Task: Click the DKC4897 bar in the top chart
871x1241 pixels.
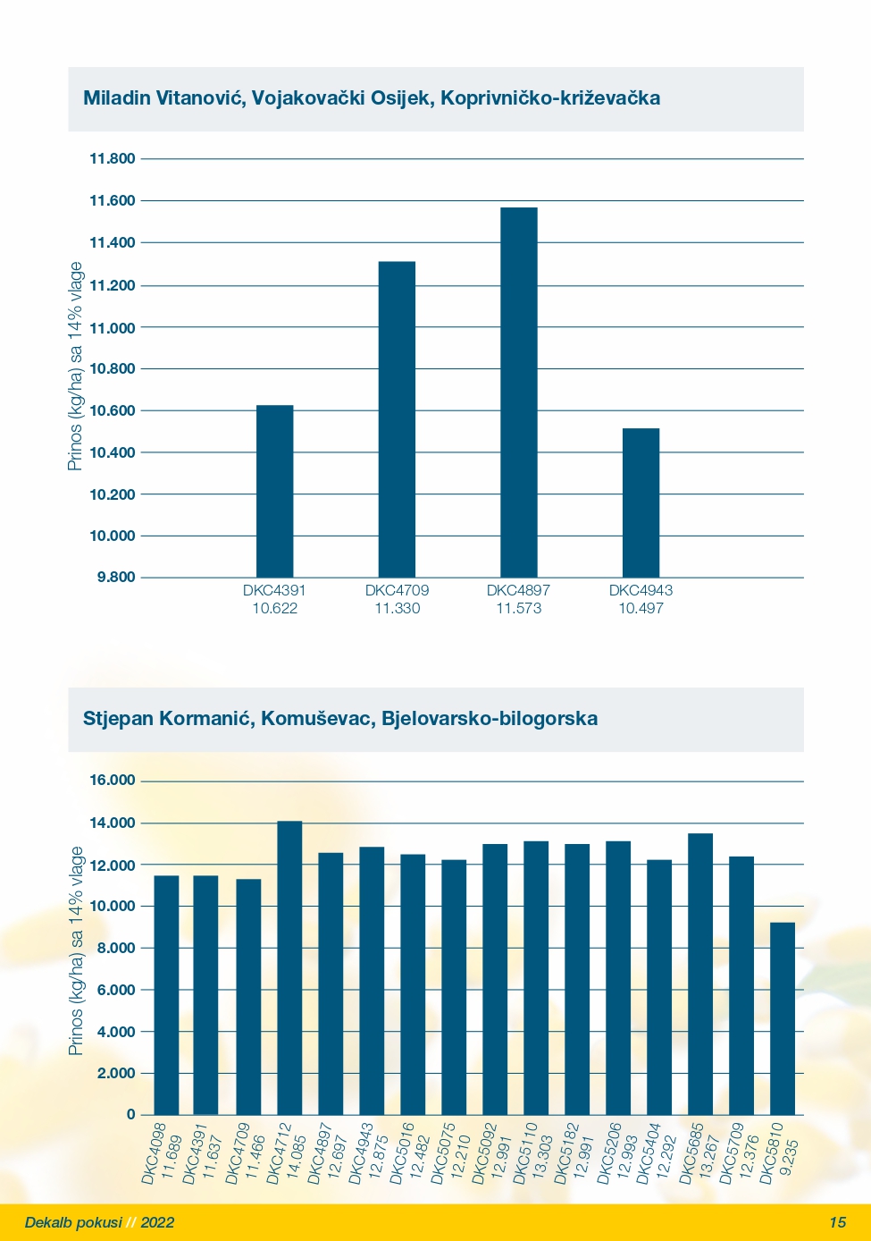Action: click(x=519, y=393)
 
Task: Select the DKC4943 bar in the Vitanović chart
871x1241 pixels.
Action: click(x=641, y=502)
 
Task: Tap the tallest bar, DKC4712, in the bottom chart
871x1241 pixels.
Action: click(x=289, y=968)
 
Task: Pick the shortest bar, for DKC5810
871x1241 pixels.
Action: click(x=783, y=1018)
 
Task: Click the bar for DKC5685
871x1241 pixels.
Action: click(x=700, y=974)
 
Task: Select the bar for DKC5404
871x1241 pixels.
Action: click(x=659, y=987)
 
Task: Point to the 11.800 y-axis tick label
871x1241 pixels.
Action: click(x=113, y=158)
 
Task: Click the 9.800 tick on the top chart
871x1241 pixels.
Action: click(x=116, y=578)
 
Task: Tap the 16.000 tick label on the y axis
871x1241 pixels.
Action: click(x=113, y=780)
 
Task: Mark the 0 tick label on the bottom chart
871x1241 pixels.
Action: click(x=130, y=1114)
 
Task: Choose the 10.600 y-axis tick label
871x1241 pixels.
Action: click(x=113, y=410)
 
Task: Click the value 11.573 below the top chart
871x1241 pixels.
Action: click(x=519, y=608)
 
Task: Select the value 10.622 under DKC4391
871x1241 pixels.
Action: click(x=274, y=608)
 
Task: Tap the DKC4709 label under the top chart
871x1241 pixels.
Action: click(x=397, y=590)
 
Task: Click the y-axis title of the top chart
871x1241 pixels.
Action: click(x=75, y=367)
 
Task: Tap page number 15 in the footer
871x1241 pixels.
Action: click(x=838, y=1222)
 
